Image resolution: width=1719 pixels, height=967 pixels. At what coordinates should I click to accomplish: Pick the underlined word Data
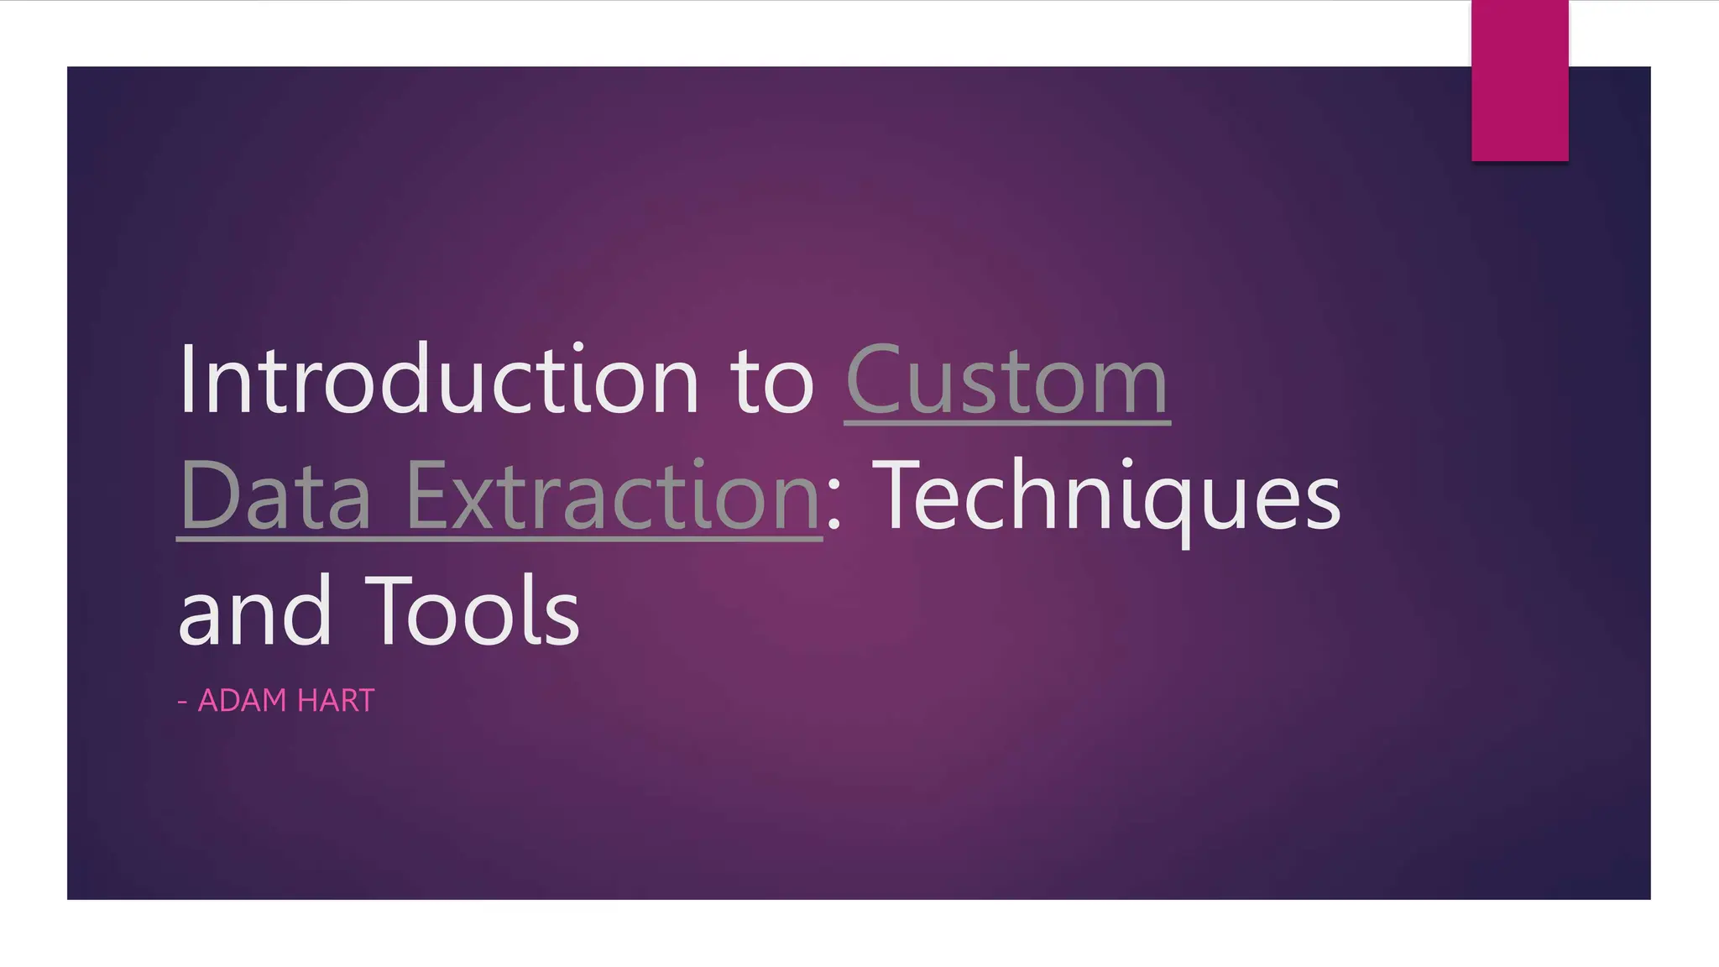274,496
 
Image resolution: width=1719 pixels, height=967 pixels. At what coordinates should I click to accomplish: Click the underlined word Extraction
613,496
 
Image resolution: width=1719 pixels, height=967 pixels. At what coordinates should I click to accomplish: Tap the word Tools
473,611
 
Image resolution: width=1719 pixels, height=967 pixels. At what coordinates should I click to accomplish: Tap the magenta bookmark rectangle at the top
1519,80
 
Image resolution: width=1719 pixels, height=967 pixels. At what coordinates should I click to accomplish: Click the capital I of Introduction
187,379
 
